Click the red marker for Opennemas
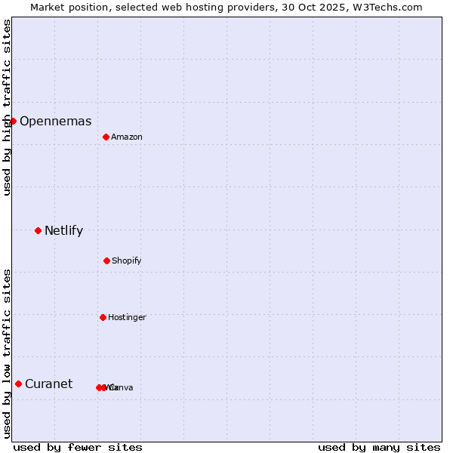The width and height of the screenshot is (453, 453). coord(13,121)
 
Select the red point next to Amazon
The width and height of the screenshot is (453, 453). coord(106,137)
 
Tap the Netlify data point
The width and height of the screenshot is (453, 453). coord(38,230)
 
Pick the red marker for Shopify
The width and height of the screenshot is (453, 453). coord(106,260)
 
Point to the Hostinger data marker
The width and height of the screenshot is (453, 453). coord(103,317)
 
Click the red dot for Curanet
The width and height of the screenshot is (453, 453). coord(18,384)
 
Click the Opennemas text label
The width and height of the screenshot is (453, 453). coord(55,122)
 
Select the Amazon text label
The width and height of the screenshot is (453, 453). coord(127,137)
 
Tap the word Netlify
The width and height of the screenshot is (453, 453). coord(63,231)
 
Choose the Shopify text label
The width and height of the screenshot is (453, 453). coord(127,261)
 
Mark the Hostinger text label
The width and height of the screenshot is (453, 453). coord(127,318)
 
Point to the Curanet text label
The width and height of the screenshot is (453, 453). coord(48,384)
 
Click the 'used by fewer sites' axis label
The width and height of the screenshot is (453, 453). coord(78,447)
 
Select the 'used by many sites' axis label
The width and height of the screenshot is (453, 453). coord(379,447)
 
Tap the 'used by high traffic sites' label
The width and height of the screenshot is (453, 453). coord(7,107)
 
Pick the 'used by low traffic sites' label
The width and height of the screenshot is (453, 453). coord(7,353)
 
